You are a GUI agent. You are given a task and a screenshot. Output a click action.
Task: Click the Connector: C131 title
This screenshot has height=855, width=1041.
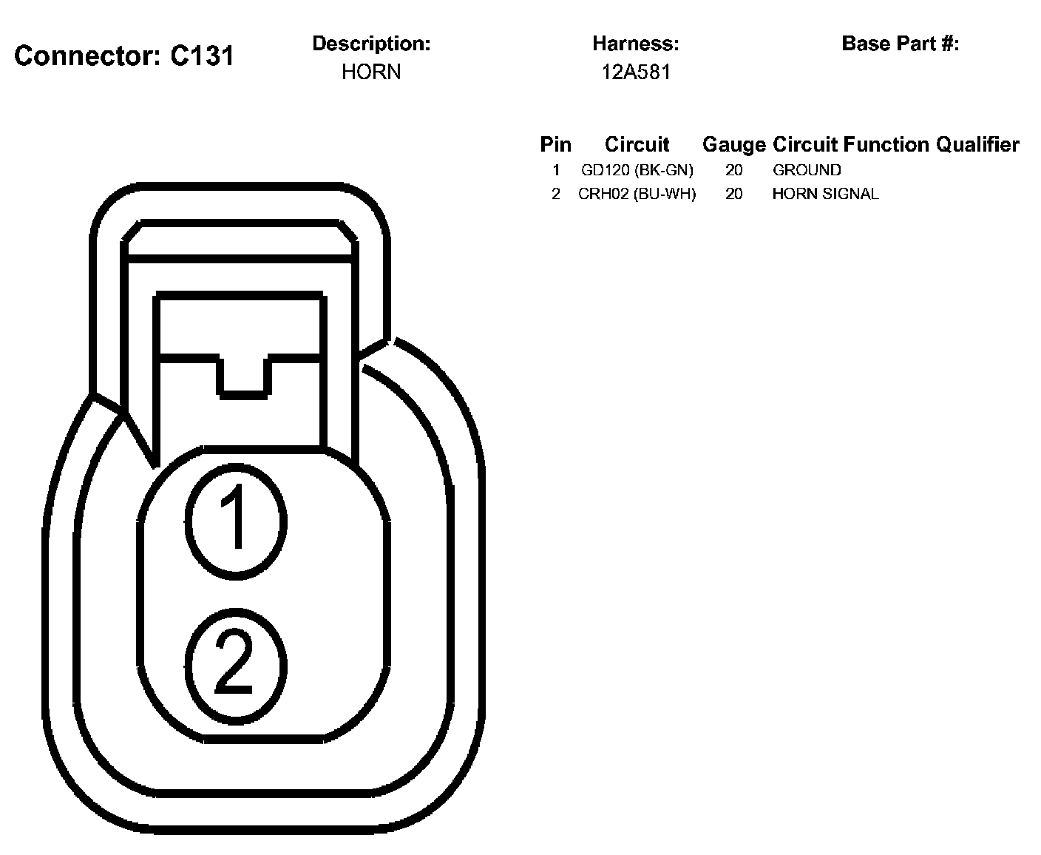coord(124,56)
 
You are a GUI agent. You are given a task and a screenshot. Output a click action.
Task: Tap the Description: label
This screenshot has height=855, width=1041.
coord(371,44)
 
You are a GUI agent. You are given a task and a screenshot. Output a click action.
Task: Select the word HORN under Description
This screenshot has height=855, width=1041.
coord(371,72)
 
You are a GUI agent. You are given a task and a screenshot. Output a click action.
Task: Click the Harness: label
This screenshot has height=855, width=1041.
coord(635,44)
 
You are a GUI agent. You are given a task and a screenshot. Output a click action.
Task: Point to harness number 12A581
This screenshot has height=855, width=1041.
coord(635,72)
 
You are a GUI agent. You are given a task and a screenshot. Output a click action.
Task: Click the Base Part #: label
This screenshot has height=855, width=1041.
coord(900,44)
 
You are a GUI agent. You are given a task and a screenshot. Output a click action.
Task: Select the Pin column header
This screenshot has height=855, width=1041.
coord(555,144)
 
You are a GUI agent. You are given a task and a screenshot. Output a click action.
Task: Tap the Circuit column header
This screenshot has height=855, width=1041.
coord(637,144)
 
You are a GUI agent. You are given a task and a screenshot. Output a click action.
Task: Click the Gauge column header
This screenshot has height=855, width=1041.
coord(733,144)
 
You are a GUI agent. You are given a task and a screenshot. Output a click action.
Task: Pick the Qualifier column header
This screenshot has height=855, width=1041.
coord(977,144)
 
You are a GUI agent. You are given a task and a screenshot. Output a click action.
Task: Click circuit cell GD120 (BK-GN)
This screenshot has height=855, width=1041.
coord(637,170)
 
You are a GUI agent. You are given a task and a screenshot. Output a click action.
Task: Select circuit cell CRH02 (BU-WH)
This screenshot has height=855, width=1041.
coord(637,194)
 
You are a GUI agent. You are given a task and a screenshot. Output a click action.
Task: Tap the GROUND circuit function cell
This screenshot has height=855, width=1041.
coord(807,170)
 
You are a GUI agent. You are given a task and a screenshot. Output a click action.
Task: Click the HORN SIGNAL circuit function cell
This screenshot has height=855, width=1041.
coord(825,194)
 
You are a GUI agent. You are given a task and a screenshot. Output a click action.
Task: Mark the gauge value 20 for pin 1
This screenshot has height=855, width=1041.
coord(733,170)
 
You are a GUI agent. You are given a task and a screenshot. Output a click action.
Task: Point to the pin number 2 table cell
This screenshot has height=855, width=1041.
coord(556,194)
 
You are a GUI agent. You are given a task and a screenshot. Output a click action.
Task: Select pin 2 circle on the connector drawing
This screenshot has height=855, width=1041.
coord(235,663)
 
